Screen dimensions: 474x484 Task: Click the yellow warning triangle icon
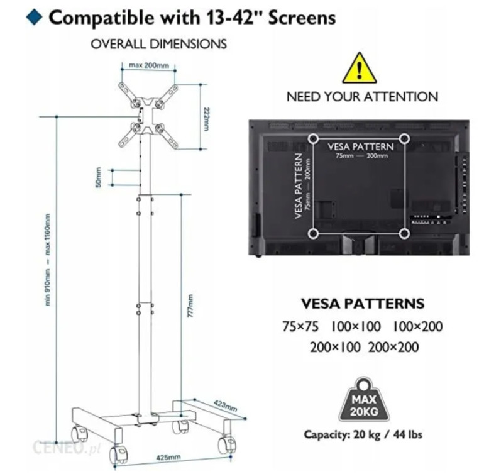[359, 69]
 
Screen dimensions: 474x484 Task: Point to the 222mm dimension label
[206, 117]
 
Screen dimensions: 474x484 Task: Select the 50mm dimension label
[99, 176]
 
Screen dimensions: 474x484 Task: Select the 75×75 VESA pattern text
[300, 326]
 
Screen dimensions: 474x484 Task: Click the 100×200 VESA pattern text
[418, 326]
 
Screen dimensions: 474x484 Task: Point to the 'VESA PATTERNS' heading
[363, 303]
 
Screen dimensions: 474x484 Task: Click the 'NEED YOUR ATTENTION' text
[362, 97]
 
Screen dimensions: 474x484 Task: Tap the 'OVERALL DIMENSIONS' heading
[158, 45]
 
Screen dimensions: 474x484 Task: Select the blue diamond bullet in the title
[36, 17]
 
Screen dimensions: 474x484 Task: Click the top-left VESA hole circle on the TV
[313, 137]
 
